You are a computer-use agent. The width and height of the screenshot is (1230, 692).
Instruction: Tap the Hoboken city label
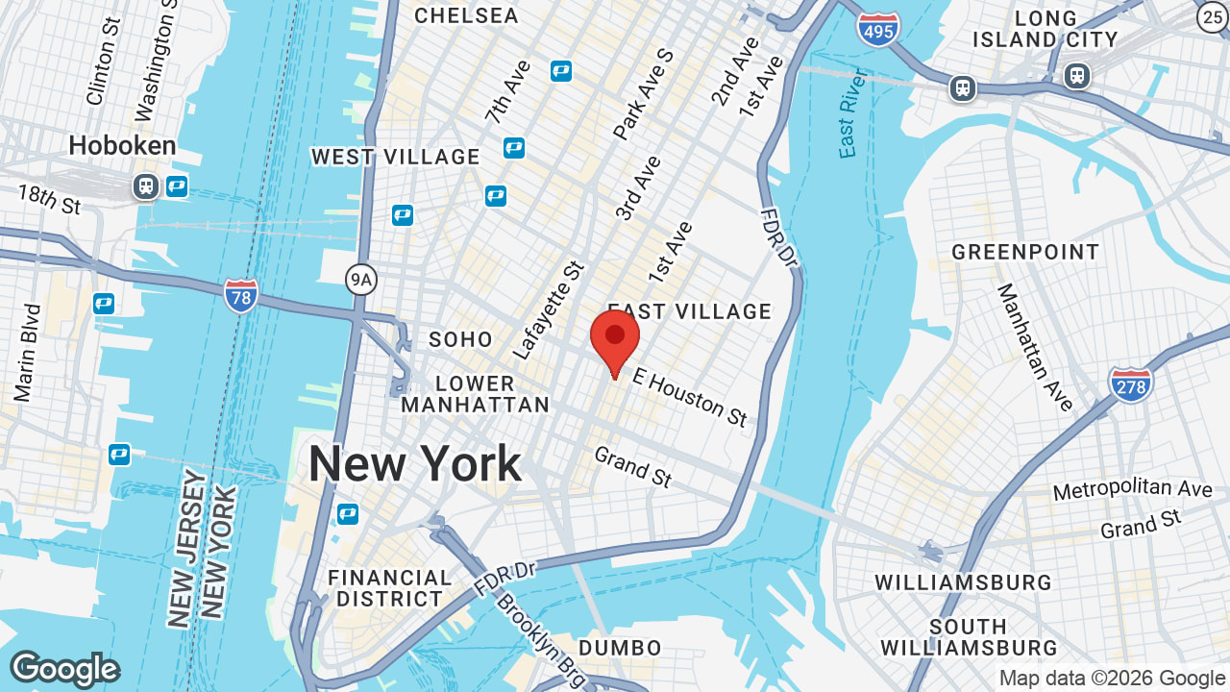tap(122, 146)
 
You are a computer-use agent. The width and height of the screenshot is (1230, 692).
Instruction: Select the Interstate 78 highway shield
tap(240, 294)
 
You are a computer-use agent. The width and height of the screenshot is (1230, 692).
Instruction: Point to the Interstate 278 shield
tap(1130, 383)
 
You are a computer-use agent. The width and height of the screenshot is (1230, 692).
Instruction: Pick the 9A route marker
tap(360, 280)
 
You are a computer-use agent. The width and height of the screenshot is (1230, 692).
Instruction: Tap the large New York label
tap(415, 464)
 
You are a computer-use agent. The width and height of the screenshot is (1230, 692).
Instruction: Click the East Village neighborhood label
tap(690, 311)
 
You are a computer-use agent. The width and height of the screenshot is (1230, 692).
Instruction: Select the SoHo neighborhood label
tap(460, 339)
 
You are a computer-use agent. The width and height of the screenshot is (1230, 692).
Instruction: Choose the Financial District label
tap(389, 588)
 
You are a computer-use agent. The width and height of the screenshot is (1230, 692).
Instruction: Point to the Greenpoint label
tap(1025, 253)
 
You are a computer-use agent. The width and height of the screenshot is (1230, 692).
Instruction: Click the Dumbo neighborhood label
tap(621, 648)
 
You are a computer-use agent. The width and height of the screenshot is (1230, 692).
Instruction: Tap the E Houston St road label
tap(689, 398)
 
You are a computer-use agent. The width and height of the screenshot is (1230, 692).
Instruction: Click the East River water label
tap(851, 112)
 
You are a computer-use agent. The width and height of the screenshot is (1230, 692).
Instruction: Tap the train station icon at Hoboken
tap(146, 185)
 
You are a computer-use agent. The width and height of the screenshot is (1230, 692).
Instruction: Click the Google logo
tap(64, 669)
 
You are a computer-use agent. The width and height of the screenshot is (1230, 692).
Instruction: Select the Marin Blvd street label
tap(28, 353)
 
